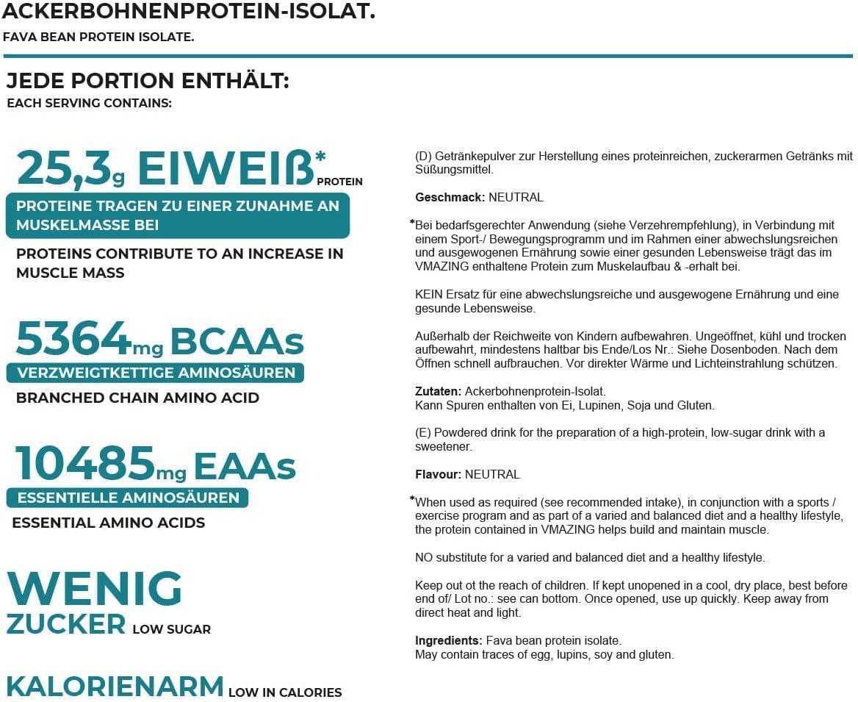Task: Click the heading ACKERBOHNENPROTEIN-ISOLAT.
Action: click(188, 12)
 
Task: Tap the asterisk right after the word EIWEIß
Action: click(320, 157)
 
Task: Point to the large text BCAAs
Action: click(237, 340)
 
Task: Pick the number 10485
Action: click(84, 464)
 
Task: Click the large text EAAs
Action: click(245, 466)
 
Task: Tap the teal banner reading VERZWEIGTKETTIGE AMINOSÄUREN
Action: click(156, 373)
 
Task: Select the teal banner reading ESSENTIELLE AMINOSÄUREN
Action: click(128, 498)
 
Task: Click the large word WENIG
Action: click(94, 589)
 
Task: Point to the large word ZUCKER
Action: click(66, 624)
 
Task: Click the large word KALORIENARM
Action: click(115, 686)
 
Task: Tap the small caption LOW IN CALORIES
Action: click(285, 692)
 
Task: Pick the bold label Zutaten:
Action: click(438, 391)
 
